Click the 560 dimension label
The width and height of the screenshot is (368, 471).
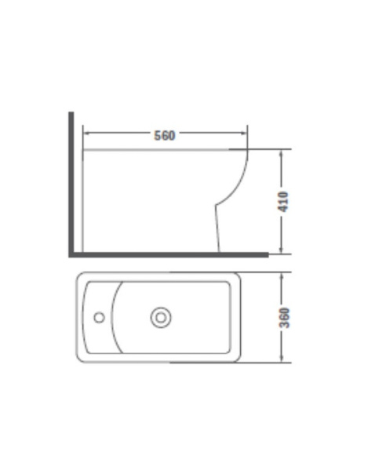tap(165, 136)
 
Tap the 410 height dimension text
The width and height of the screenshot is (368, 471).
tap(283, 202)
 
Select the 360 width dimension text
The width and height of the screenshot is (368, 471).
tap(284, 318)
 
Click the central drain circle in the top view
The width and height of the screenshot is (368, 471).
tap(161, 317)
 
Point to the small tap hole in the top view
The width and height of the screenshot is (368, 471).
tap(99, 317)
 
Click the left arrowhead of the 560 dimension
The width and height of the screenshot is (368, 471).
tap(86, 133)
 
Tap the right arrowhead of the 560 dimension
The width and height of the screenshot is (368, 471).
tap(244, 133)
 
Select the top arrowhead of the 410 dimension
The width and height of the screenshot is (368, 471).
tap(281, 153)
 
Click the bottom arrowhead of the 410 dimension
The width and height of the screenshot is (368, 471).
tap(281, 250)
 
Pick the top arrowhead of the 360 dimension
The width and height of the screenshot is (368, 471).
tap(281, 276)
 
